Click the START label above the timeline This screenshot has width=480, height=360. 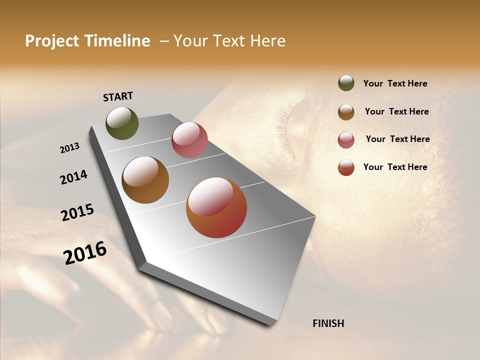(x=118, y=96)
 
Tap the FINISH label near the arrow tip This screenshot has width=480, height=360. (x=328, y=323)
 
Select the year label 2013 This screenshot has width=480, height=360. (x=70, y=148)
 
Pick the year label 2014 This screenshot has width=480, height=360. (x=73, y=177)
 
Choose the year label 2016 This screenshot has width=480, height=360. (x=85, y=253)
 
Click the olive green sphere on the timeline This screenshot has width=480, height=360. (x=122, y=123)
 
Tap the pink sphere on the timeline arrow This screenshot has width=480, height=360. (x=189, y=140)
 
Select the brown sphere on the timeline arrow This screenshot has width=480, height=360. (x=145, y=180)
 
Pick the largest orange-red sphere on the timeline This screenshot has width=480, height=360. (x=216, y=207)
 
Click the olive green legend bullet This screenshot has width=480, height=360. (x=346, y=83)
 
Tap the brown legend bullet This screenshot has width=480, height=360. (x=346, y=112)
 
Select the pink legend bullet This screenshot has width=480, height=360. (x=346, y=140)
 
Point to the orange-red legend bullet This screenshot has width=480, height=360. (x=346, y=167)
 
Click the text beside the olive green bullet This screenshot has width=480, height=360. (x=395, y=84)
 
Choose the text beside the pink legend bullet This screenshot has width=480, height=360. (x=397, y=139)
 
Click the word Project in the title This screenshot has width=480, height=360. (x=52, y=41)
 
